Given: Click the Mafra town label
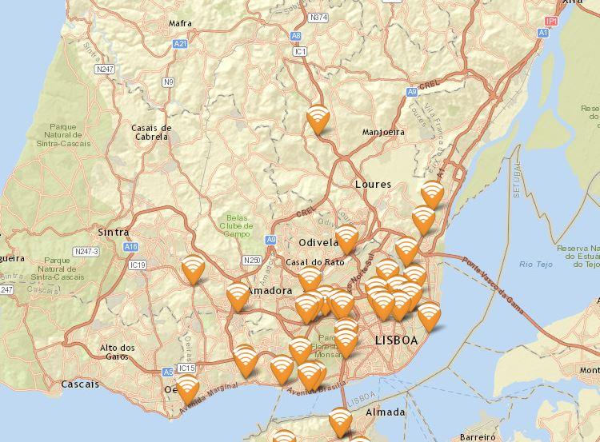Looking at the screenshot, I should pyautogui.click(x=180, y=23).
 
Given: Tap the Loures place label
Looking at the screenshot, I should pyautogui.click(x=373, y=184).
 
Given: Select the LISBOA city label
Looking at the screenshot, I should pyautogui.click(x=396, y=340).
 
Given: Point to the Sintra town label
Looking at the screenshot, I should pyautogui.click(x=112, y=232).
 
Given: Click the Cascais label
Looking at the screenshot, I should pyautogui.click(x=80, y=384).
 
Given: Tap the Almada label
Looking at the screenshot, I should pyautogui.click(x=385, y=412).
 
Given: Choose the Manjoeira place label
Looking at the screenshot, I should pyautogui.click(x=383, y=132).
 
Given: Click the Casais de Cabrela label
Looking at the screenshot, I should pyautogui.click(x=151, y=132).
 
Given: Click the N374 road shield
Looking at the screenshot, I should pyautogui.click(x=318, y=17).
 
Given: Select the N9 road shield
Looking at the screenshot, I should pyautogui.click(x=168, y=82).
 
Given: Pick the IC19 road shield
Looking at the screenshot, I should pyautogui.click(x=138, y=265).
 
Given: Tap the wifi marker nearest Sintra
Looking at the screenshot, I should pyautogui.click(x=193, y=269).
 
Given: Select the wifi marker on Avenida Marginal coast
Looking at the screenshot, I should pyautogui.click(x=188, y=391).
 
